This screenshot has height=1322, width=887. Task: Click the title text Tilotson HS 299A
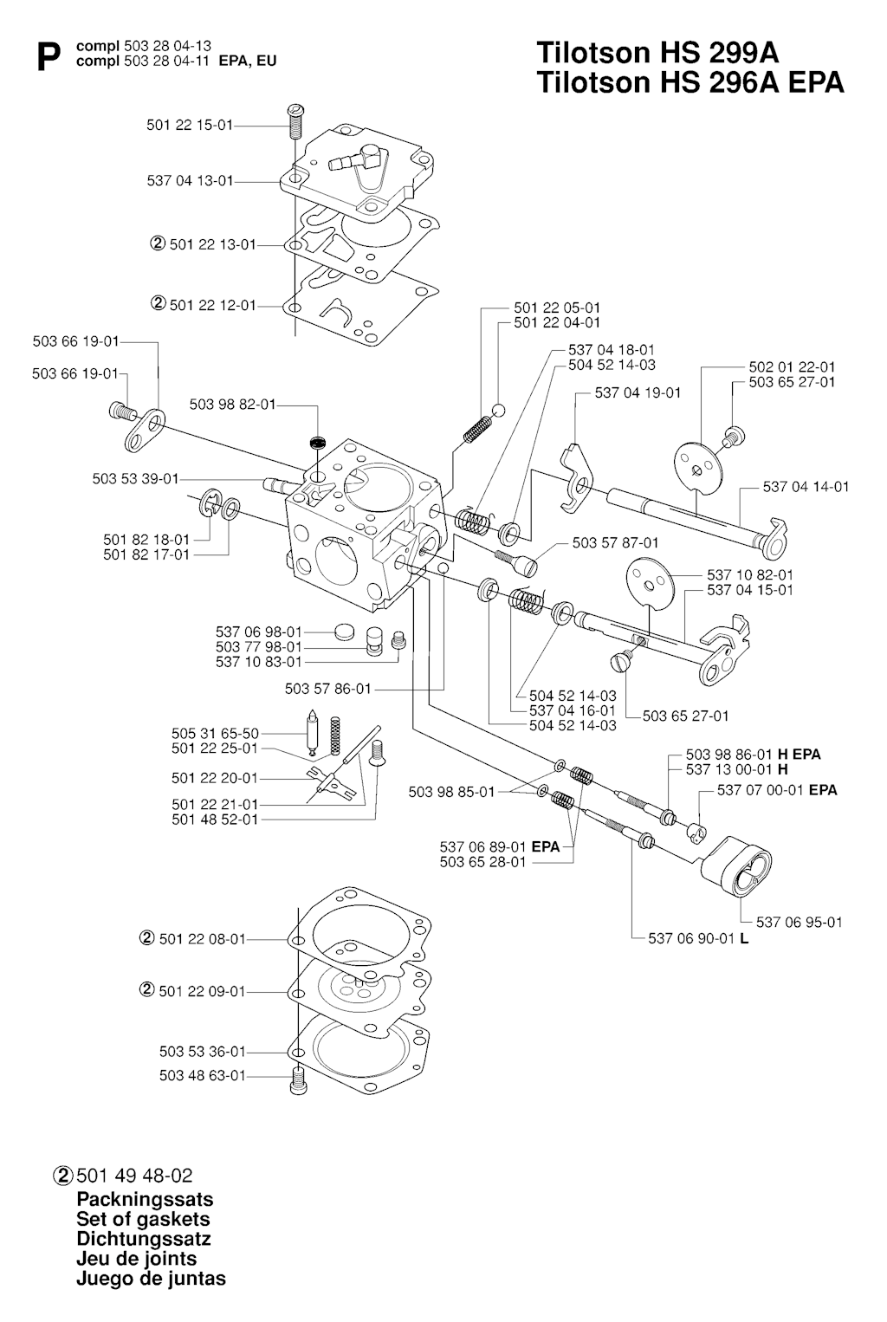coord(657,53)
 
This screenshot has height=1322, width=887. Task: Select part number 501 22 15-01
coord(190,126)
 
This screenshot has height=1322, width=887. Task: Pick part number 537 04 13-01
coord(190,181)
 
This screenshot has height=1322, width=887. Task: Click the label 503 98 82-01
coord(232,405)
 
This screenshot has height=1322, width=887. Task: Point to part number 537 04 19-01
coord(638,392)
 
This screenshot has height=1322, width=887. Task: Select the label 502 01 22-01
coord(792,367)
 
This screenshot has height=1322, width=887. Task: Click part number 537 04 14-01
coord(806,487)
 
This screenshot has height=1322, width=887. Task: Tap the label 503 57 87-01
coord(615,543)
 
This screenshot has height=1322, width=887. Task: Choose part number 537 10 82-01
coord(750,574)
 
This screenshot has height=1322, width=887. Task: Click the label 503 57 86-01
coord(327,689)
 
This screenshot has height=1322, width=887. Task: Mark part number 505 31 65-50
coord(215,734)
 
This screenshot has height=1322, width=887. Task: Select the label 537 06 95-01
coord(799,922)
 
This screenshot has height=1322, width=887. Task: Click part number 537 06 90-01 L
coord(698,938)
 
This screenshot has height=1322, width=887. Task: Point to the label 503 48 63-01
coord(203,1075)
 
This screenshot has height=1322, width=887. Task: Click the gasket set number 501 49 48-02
coord(134,1176)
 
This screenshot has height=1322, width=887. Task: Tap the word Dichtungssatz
coord(144,1239)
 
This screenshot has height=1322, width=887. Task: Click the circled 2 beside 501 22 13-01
coord(158,244)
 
